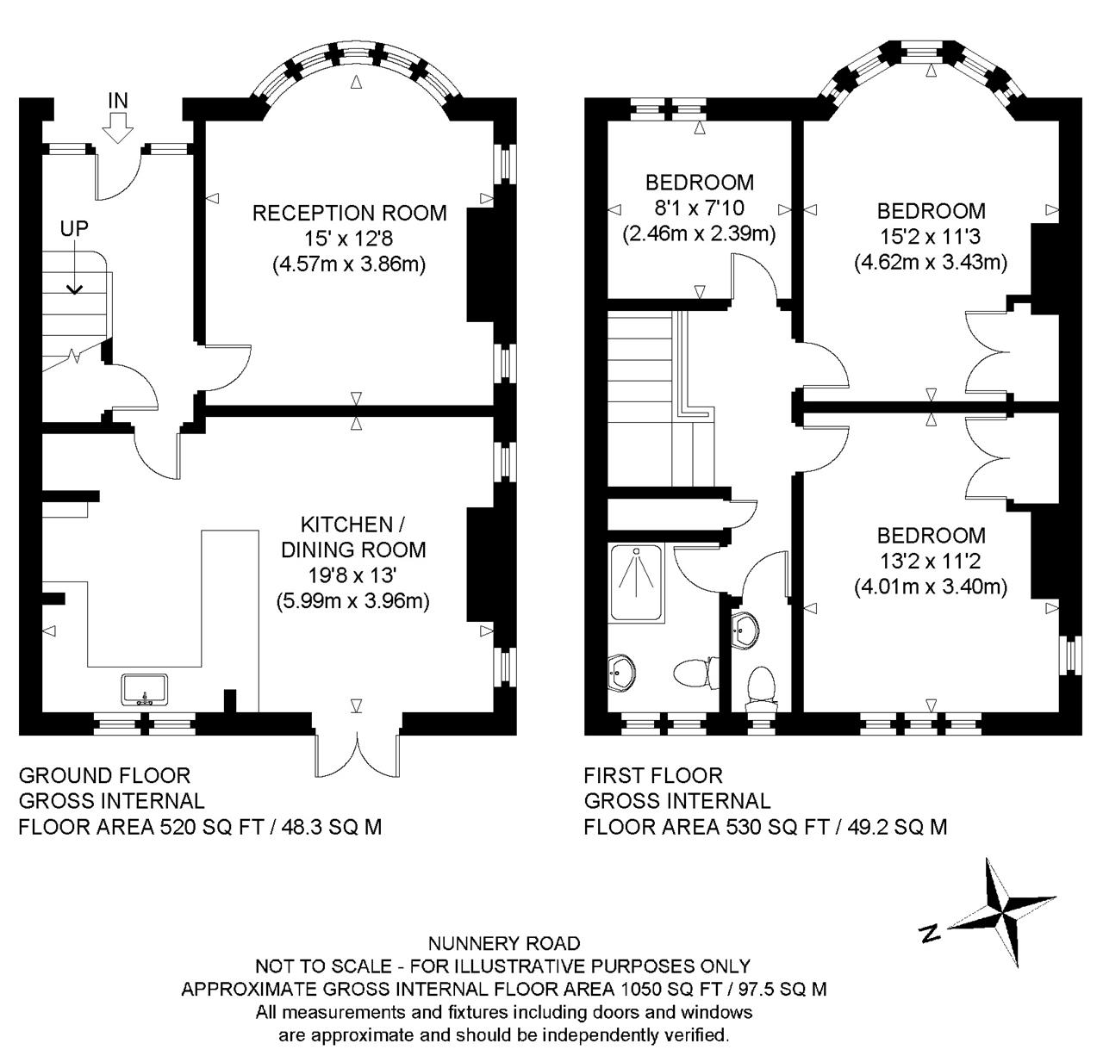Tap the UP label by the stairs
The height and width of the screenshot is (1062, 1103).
pyautogui.click(x=74, y=229)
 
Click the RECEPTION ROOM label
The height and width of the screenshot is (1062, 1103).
pyautogui.click(x=349, y=213)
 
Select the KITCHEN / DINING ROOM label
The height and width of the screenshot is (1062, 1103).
pyautogui.click(x=353, y=537)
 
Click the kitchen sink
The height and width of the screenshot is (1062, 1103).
pyautogui.click(x=145, y=689)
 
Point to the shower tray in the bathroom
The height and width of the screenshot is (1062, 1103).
pyautogui.click(x=636, y=582)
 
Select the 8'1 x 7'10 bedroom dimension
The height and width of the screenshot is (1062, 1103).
pyautogui.click(x=699, y=208)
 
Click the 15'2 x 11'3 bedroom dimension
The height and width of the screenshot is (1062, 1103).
pyautogui.click(x=930, y=236)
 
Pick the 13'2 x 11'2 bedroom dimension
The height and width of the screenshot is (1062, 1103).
pyautogui.click(x=930, y=561)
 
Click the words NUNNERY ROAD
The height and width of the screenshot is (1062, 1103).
pyautogui.click(x=504, y=943)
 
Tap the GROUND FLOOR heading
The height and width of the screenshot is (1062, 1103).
pyautogui.click(x=104, y=775)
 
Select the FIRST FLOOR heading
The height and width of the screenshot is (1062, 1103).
pyautogui.click(x=653, y=775)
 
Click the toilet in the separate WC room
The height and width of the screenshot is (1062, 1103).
pyautogui.click(x=761, y=689)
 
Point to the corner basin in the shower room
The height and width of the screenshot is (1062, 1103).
pyautogui.click(x=621, y=674)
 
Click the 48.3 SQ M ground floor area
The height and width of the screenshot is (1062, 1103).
pyautogui.click(x=332, y=826)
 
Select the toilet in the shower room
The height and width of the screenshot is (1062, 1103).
pyautogui.click(x=696, y=673)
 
